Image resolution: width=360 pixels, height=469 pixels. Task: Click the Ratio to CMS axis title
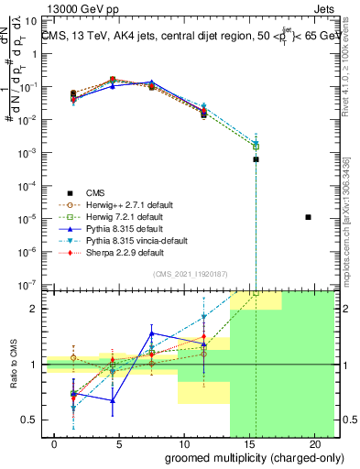(x=12, y=364)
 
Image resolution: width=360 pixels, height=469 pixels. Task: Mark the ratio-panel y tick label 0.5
(x=30, y=420)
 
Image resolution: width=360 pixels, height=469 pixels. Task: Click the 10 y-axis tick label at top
(x=31, y=20)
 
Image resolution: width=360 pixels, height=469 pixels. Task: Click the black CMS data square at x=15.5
(x=256, y=159)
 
